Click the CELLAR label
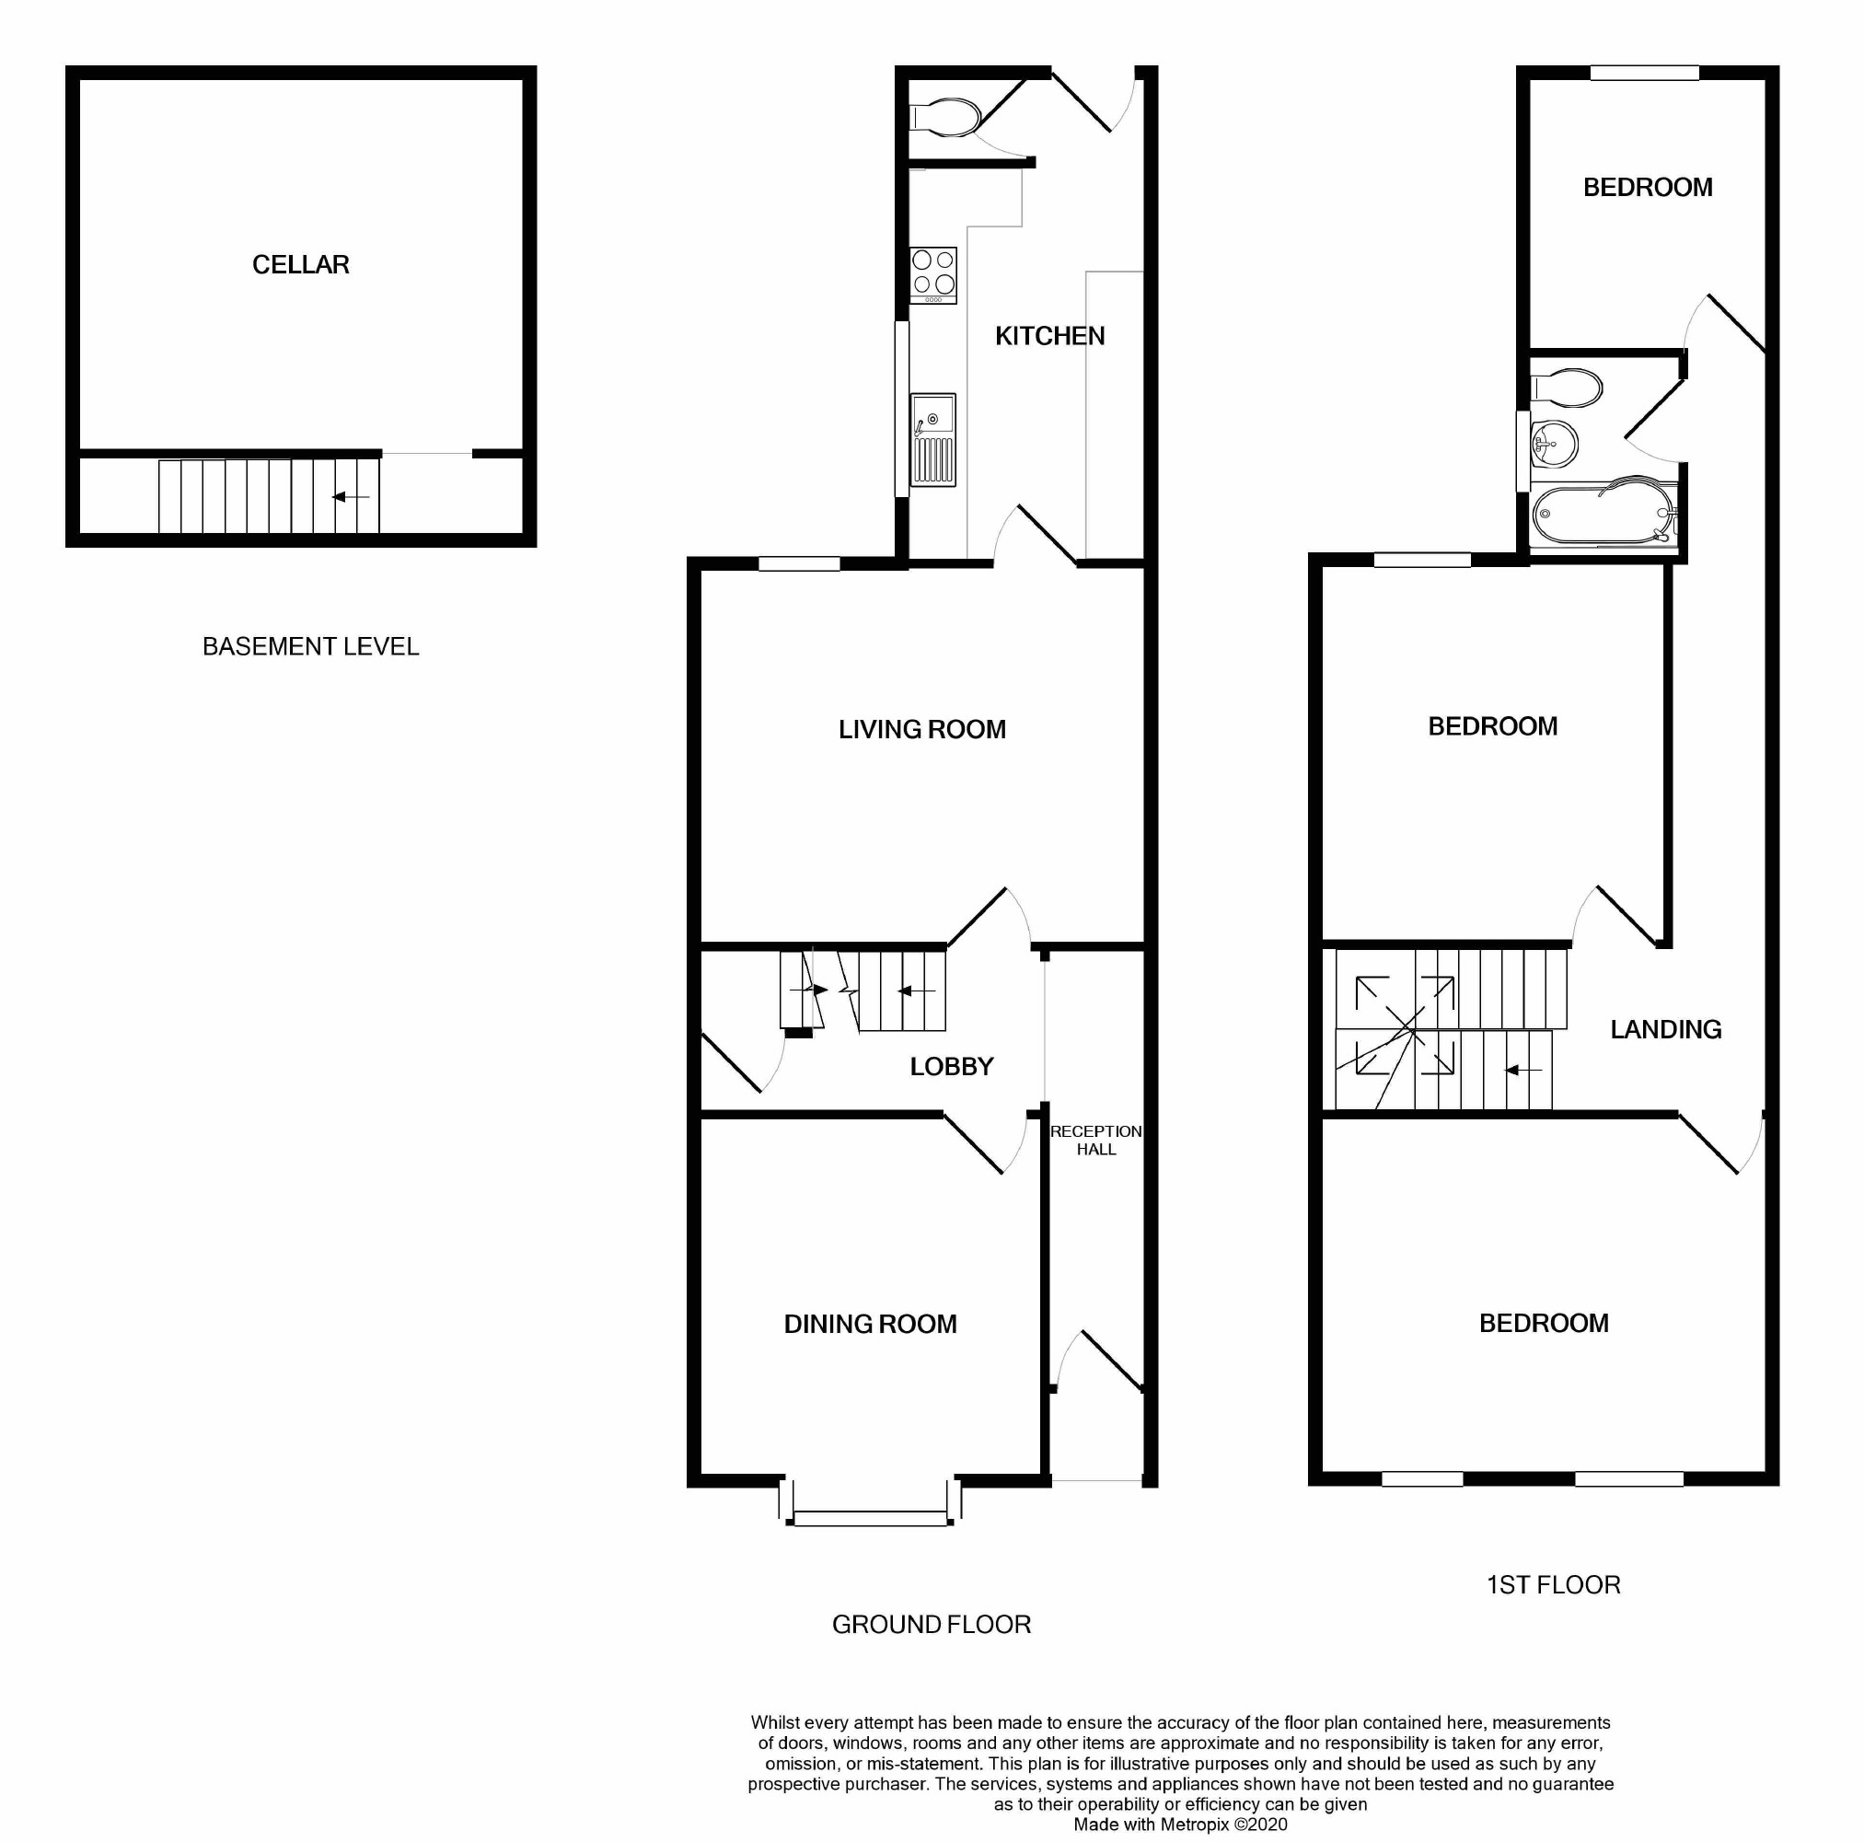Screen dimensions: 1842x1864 click(300, 264)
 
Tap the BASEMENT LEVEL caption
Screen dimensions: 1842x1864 click(311, 646)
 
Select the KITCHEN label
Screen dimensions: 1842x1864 click(1049, 336)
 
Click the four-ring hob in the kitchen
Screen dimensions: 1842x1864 click(933, 273)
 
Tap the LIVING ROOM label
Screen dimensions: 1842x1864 click(921, 729)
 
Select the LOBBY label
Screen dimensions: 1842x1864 click(951, 1066)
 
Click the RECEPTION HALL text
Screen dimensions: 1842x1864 click(1096, 1140)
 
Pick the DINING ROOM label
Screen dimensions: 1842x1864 click(870, 1324)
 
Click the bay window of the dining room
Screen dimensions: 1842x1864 click(870, 1518)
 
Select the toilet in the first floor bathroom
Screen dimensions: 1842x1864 click(1568, 388)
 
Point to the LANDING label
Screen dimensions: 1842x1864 click(1665, 1029)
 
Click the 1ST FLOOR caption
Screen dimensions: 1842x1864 click(1554, 1584)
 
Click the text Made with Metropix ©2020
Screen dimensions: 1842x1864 click(1180, 1825)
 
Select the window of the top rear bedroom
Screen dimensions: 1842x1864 click(1644, 73)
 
